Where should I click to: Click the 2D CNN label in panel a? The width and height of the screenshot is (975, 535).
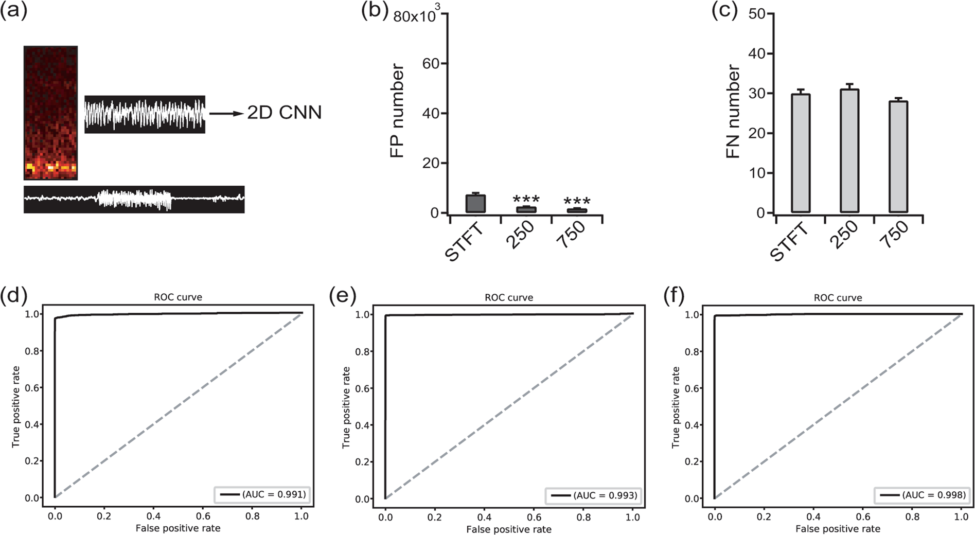point(284,113)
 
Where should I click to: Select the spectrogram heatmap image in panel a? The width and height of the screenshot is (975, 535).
point(50,113)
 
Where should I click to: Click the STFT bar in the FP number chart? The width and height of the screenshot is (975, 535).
point(475,204)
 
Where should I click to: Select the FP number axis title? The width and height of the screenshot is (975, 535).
point(397,111)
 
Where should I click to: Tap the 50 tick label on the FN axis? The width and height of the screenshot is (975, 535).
point(757,14)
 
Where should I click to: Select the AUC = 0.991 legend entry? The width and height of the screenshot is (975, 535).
point(263,494)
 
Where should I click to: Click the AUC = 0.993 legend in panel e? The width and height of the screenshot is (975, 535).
point(594,495)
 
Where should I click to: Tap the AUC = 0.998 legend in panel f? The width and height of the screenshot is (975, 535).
point(923,495)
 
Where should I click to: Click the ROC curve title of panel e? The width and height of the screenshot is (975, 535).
point(508,297)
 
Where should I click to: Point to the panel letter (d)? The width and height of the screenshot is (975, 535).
point(14,297)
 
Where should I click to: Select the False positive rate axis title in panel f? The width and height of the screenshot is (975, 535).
point(837,528)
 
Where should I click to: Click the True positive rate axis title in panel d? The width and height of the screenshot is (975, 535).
point(16,406)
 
